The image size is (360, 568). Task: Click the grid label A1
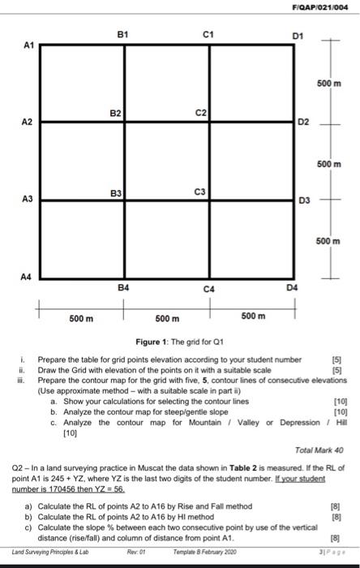(x=27, y=46)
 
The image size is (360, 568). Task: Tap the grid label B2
(x=116, y=113)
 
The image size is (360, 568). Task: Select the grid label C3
(x=199, y=191)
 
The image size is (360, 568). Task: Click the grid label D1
(x=297, y=35)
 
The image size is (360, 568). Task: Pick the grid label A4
(x=27, y=277)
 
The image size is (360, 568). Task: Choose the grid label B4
(x=123, y=288)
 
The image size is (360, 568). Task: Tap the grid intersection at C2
(x=209, y=122)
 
